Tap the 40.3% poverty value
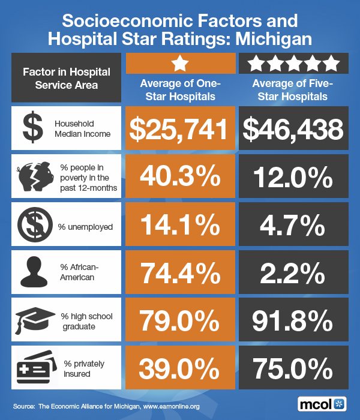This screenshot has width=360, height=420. coord(181,177)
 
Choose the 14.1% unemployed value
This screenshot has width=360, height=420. coord(181,225)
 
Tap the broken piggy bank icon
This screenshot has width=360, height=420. coord(34,176)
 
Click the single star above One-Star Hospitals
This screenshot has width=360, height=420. coord(179,62)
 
